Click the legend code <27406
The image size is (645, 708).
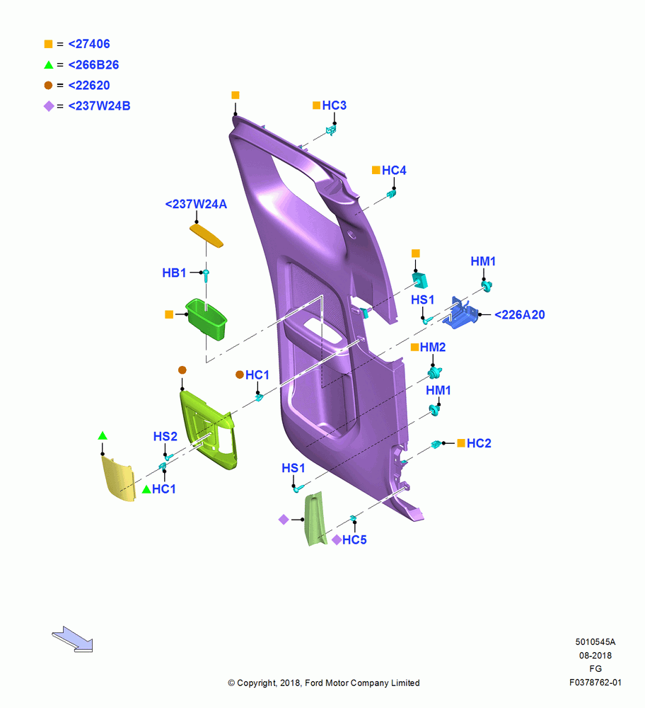89,44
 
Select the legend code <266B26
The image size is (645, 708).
93,64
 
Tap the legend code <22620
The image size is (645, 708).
89,85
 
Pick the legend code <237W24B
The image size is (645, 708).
99,105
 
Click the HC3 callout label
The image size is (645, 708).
335,105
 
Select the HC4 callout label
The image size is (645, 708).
394,170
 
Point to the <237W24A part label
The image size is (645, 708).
196,204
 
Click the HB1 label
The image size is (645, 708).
174,273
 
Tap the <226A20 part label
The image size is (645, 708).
520,315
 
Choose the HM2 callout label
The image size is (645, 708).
433,347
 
